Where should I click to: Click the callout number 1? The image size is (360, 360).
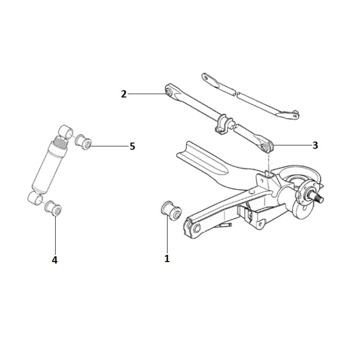(167, 258)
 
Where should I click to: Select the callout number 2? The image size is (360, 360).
(124, 94)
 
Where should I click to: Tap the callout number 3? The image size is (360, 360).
(315, 145)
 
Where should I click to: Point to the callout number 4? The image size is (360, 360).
(55, 260)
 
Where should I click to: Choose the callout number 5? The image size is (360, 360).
(132, 147)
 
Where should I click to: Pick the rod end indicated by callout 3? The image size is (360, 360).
(267, 147)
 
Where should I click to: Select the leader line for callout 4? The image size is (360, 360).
(55, 234)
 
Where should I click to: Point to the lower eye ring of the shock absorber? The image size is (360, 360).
(35, 198)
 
